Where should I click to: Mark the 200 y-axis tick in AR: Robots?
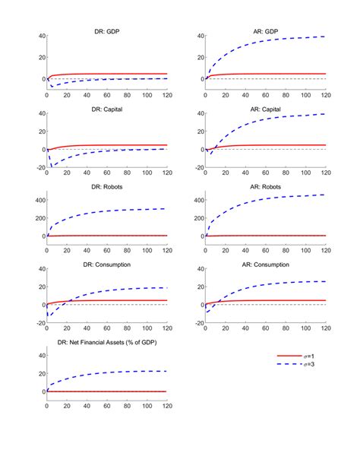pos(194,219)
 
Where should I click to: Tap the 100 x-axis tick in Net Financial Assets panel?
pos(147,407)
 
